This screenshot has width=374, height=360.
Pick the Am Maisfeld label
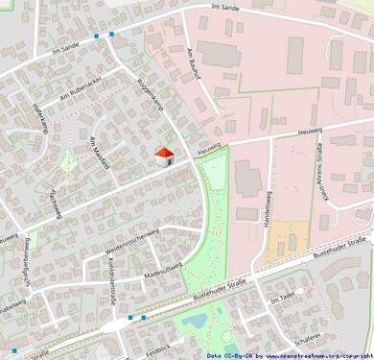[101, 153]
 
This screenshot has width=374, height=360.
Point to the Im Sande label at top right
[224, 9]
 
